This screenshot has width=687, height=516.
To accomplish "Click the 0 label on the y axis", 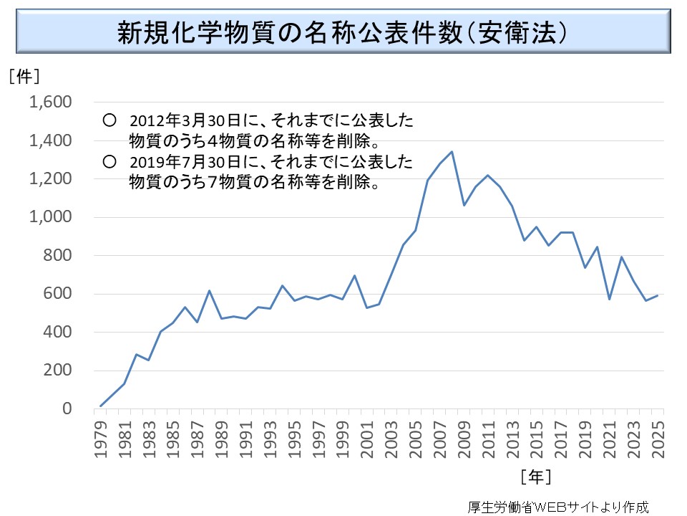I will coord(67,408).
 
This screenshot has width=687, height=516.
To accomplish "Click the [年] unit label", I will coord(536,475).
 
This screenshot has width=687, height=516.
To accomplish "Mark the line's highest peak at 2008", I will coord(452,151).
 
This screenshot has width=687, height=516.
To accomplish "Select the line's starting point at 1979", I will coord(101,406).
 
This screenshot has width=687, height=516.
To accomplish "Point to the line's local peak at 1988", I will coord(209,290).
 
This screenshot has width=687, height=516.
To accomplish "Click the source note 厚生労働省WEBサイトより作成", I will coord(558,505).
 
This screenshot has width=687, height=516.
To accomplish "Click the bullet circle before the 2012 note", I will coord(109,119).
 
